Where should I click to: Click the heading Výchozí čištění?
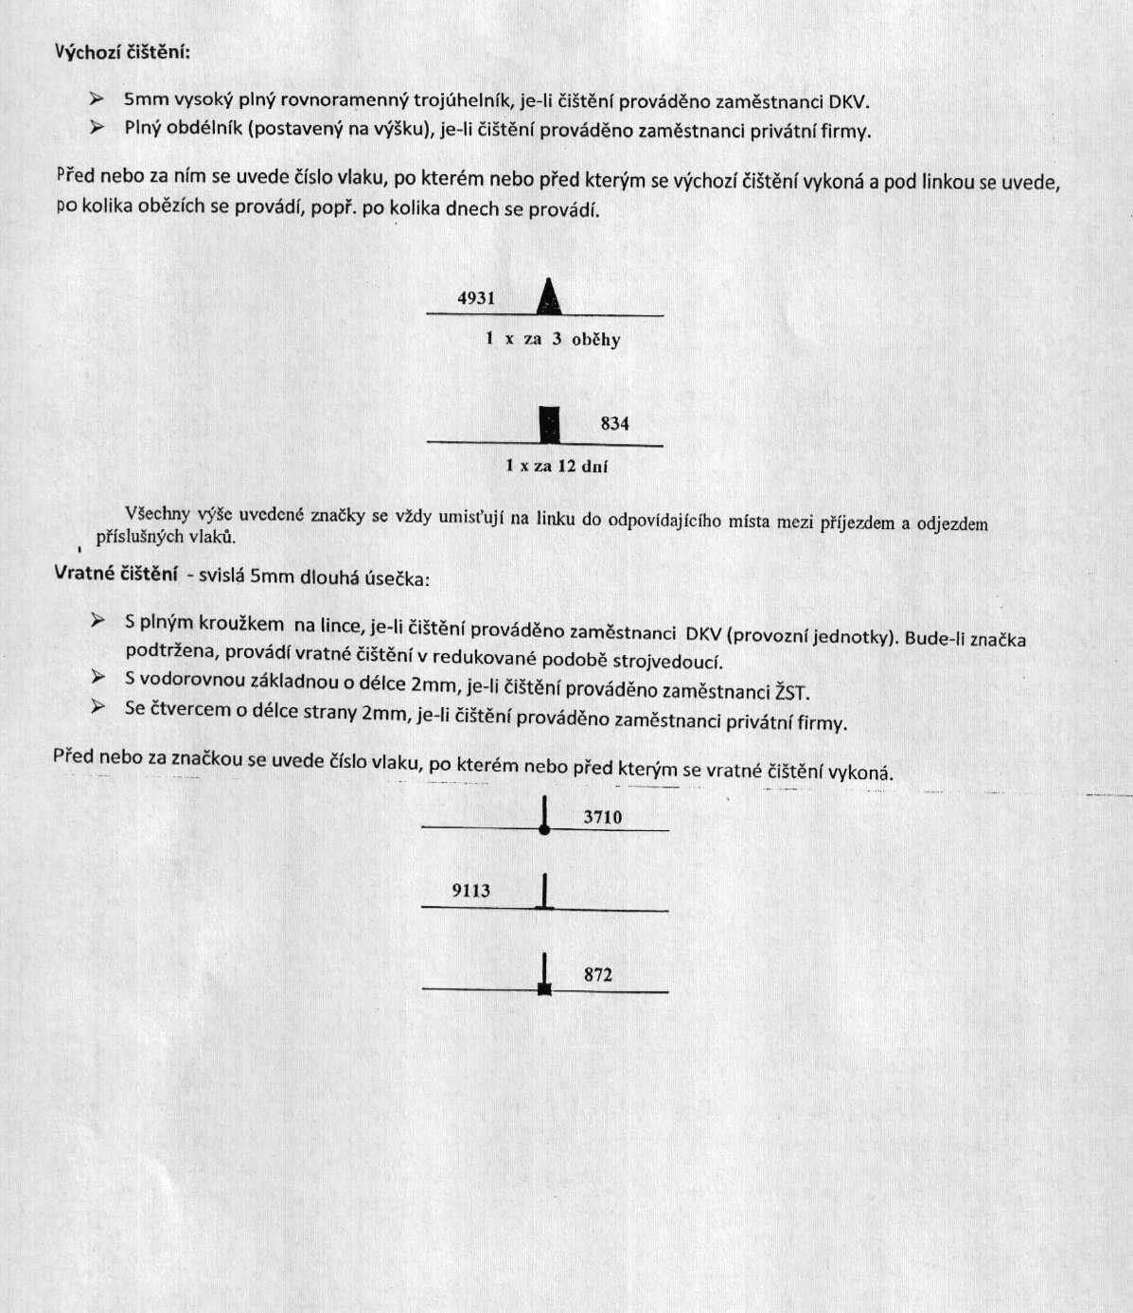click(x=122, y=51)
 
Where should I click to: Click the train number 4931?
click(x=476, y=298)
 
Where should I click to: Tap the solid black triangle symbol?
click(x=549, y=297)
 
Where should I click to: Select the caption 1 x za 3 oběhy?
click(x=553, y=339)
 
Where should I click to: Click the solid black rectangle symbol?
click(x=549, y=424)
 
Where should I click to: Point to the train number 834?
click(x=614, y=423)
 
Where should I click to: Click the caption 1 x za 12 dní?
click(x=557, y=466)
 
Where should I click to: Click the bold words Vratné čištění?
click(x=116, y=573)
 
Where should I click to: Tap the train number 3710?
click(x=603, y=817)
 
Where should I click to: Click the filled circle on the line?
click(x=544, y=829)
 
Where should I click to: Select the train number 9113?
click(x=470, y=890)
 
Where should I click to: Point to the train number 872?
click(x=598, y=974)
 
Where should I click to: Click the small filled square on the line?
click(x=544, y=989)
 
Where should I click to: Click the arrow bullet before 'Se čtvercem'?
click(x=97, y=706)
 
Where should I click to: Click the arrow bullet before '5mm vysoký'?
click(x=97, y=98)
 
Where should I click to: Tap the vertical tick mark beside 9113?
click(x=544, y=891)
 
